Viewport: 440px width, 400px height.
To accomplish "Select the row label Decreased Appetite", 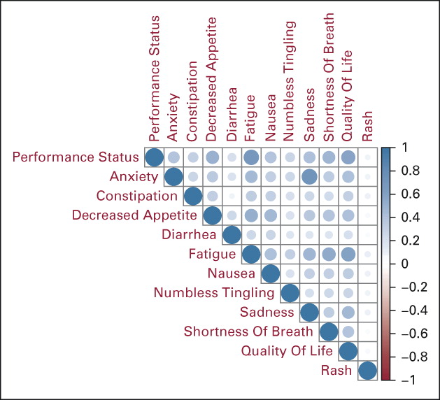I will pyautogui.click(x=134, y=215).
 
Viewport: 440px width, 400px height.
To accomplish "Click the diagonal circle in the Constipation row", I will pyautogui.click(x=193, y=196).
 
